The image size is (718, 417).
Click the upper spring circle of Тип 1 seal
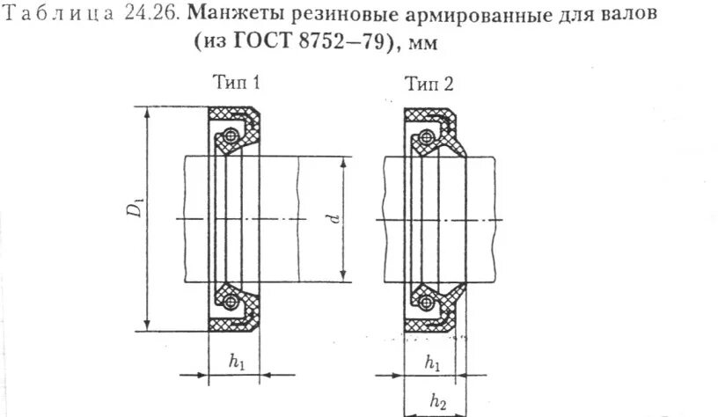(x=231, y=135)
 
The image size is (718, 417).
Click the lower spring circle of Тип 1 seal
(x=231, y=302)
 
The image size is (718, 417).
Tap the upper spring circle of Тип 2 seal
(x=427, y=135)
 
